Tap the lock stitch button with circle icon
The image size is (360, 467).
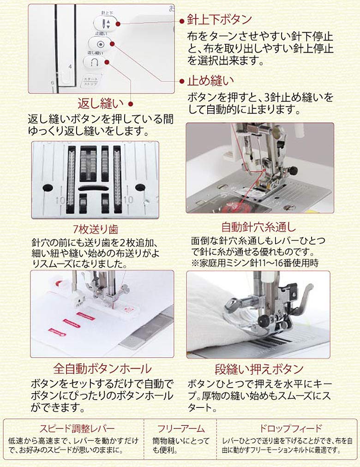[x=101, y=44]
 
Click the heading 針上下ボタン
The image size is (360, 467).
[x=219, y=19]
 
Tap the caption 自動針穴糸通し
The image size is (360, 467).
[x=258, y=227]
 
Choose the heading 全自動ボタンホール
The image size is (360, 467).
[x=102, y=368]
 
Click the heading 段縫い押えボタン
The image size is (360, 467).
[x=259, y=369]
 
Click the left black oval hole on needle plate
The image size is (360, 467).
[x=48, y=187]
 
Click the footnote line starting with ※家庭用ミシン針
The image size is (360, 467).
[x=254, y=263]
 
